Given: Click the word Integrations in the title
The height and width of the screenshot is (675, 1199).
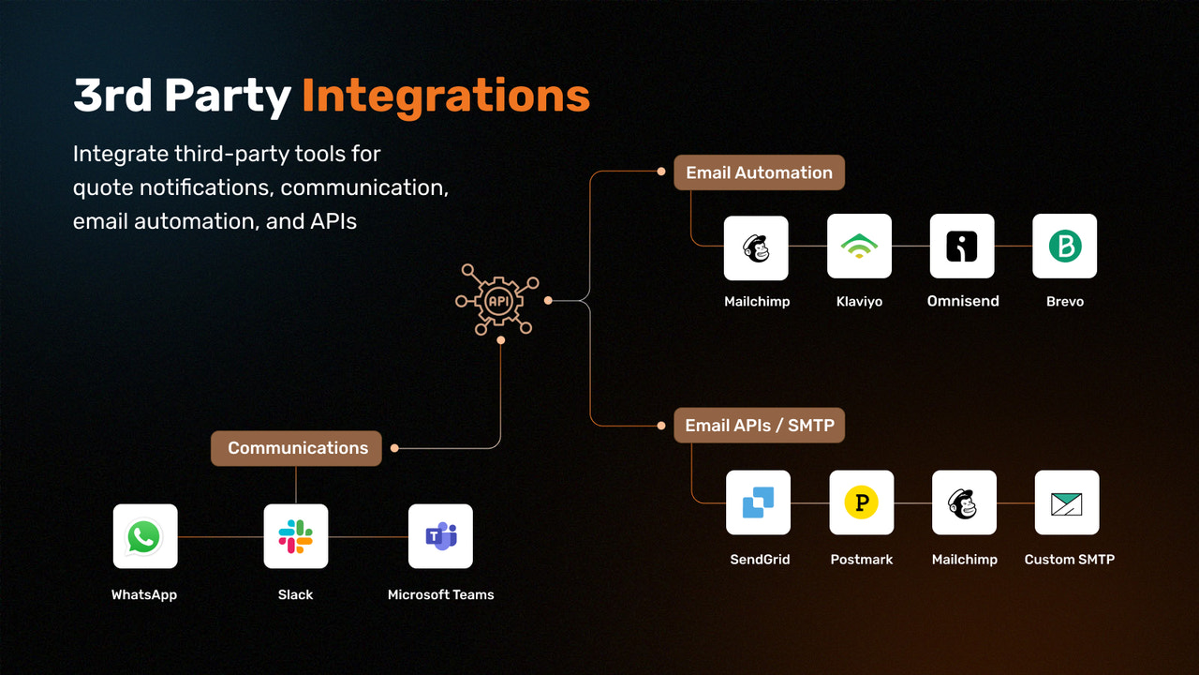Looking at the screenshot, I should pyautogui.click(x=446, y=96).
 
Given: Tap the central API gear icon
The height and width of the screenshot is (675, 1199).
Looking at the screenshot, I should pyautogui.click(x=496, y=300).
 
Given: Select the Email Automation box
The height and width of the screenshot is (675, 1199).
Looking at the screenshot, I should pyautogui.click(x=759, y=172).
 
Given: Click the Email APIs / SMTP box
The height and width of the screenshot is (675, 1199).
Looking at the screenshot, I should pyautogui.click(x=759, y=426).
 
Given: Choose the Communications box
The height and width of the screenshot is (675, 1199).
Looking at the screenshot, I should pyautogui.click(x=297, y=448).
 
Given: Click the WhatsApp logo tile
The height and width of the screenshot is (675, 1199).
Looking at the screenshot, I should pyautogui.click(x=145, y=536).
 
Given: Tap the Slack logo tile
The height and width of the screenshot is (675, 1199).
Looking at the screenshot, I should pyautogui.click(x=296, y=536).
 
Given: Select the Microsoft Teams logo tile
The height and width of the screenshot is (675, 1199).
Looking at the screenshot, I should pyautogui.click(x=440, y=536).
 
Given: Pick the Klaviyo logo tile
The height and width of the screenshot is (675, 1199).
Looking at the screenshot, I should pyautogui.click(x=859, y=247).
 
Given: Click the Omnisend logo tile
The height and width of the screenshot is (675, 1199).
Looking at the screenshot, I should pyautogui.click(x=962, y=247).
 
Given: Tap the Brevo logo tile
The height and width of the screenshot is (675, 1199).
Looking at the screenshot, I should pyautogui.click(x=1064, y=247).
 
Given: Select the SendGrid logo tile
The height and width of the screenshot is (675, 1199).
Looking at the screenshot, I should pyautogui.click(x=758, y=502).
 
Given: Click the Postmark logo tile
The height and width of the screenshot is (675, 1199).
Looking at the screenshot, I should pyautogui.click(x=861, y=502).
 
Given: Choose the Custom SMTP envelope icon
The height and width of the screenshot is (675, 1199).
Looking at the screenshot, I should pyautogui.click(x=1066, y=502).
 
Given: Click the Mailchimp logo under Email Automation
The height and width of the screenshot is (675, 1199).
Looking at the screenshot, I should pyautogui.click(x=756, y=247).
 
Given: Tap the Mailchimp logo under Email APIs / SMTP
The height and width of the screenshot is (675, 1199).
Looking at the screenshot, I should pyautogui.click(x=964, y=502).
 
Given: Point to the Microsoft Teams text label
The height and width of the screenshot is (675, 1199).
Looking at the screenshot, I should pyautogui.click(x=440, y=594).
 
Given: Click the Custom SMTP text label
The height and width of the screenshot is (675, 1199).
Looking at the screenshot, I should pyautogui.click(x=1069, y=559).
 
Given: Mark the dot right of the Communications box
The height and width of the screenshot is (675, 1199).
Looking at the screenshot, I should pyautogui.click(x=394, y=448).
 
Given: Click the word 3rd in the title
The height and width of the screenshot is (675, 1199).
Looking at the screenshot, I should pyautogui.click(x=111, y=96).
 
